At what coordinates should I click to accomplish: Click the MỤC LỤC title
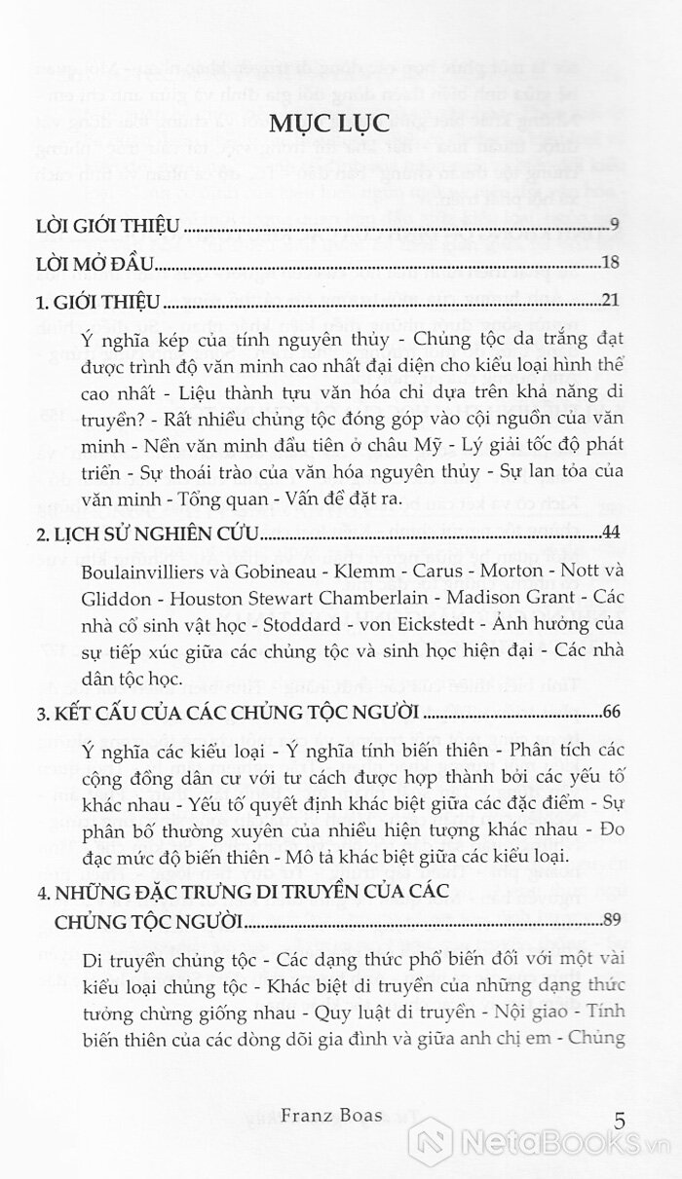(x=340, y=125)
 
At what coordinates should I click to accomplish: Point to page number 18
(x=612, y=263)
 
